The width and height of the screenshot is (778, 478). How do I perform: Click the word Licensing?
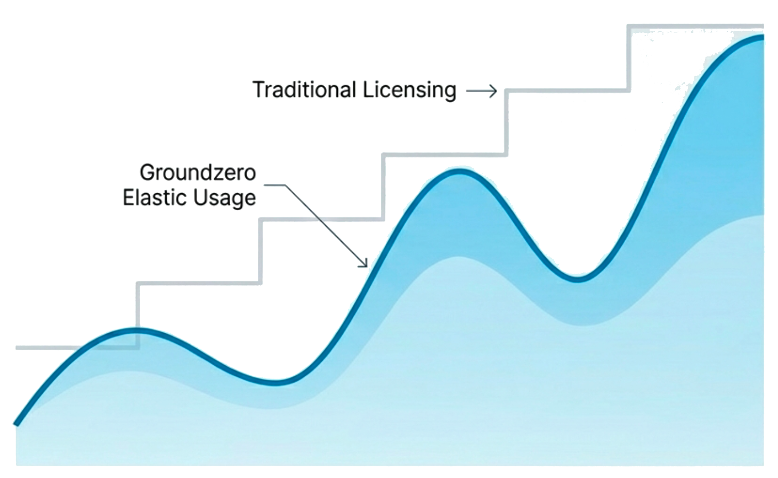click(x=410, y=90)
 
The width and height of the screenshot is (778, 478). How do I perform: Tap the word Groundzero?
click(x=198, y=172)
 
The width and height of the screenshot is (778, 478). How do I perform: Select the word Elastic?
click(x=155, y=198)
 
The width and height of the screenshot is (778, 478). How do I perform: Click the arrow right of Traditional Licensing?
click(x=481, y=92)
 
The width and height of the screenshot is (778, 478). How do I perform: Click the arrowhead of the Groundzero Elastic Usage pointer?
click(x=366, y=263)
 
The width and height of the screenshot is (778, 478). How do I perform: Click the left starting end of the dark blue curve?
click(x=17, y=424)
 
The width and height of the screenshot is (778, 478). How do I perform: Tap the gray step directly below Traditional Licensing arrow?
click(x=568, y=92)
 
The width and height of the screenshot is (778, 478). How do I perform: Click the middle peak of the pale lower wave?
click(x=457, y=258)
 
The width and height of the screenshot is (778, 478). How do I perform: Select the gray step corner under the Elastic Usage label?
click(x=262, y=219)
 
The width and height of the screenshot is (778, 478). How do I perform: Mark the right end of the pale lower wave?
click(x=763, y=216)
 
